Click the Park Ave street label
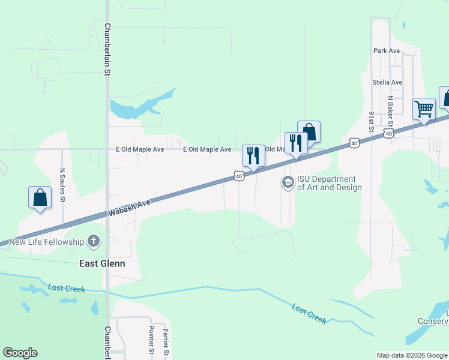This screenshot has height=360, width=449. [x=386, y=51]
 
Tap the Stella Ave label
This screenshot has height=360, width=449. [x=387, y=82]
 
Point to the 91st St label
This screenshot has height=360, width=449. [x=372, y=121]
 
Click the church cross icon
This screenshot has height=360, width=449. [x=93, y=242]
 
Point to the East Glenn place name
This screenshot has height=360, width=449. [x=102, y=263]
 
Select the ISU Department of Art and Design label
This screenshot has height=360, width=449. [x=329, y=183]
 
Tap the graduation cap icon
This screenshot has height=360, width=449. [x=288, y=182]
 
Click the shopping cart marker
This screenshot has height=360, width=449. [x=424, y=110]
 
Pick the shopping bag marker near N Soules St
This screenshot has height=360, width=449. [x=40, y=197]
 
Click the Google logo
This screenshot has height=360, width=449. [x=20, y=353]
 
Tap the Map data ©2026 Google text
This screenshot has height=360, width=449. [x=412, y=355]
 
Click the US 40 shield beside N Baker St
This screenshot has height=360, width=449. [x=390, y=133]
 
